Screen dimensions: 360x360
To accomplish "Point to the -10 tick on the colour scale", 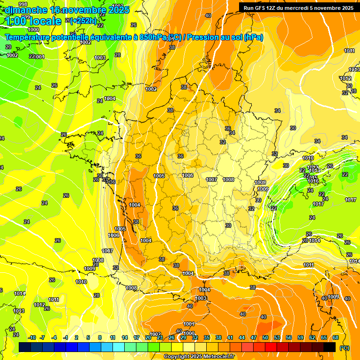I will coord(32,337).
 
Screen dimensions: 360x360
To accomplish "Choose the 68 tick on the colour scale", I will coord(336,337).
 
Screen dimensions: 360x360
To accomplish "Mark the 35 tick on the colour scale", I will coord(207,337).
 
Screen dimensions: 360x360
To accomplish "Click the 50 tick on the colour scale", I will coord(265,337).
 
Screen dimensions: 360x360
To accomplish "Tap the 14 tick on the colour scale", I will coord(125,337).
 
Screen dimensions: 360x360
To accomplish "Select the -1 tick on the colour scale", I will coord(66,337).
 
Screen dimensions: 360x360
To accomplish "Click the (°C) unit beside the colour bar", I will coord(345,347).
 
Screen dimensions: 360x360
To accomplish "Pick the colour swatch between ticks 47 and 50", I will coord(259,347).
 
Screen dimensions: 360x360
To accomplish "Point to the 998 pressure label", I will coord(23,4).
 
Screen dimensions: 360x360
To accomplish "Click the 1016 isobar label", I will coord(314,181).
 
